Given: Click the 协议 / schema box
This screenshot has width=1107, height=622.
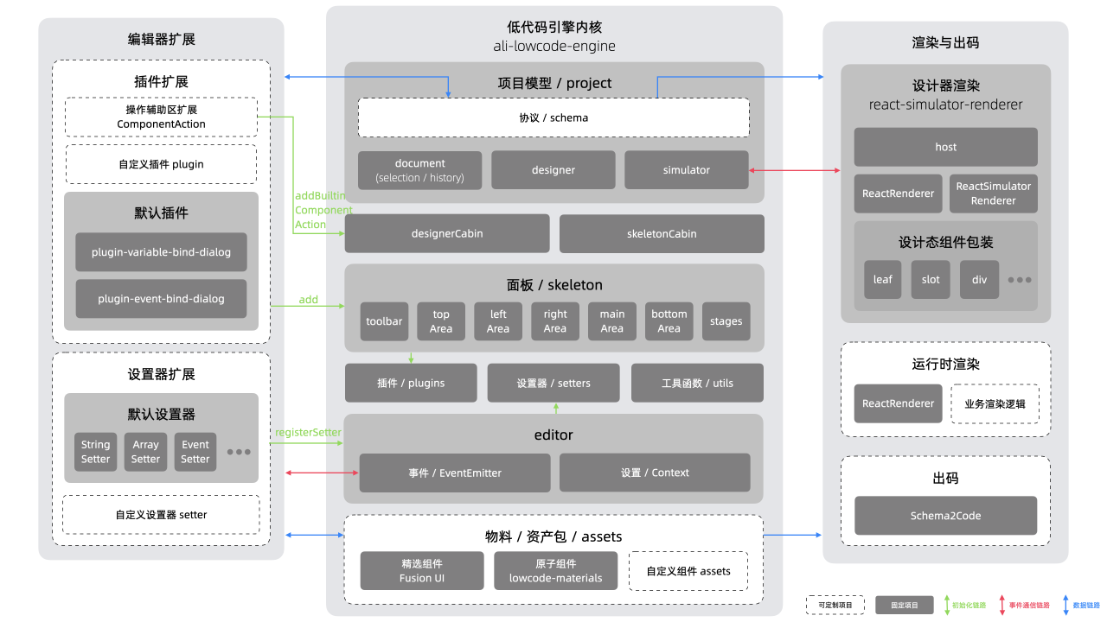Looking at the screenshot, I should click(x=553, y=117).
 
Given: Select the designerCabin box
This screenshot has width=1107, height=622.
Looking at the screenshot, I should click(x=447, y=233).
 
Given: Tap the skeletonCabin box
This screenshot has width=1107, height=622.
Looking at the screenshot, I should click(x=662, y=233).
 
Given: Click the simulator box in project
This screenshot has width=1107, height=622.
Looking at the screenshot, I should click(x=686, y=170).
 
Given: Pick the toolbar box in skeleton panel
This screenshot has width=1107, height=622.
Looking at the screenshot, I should click(x=384, y=321).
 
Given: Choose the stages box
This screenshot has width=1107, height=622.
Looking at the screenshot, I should click(x=726, y=321).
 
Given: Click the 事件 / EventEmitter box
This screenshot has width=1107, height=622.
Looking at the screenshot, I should click(x=455, y=473).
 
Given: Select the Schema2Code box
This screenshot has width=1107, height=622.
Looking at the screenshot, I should click(x=945, y=516).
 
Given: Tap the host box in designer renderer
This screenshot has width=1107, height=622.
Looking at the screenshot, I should click(x=945, y=147).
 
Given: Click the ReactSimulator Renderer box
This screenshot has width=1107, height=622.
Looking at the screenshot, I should click(x=993, y=194).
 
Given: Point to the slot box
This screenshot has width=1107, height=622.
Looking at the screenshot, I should click(x=931, y=280).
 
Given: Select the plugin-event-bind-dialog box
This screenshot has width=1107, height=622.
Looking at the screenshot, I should click(x=161, y=299).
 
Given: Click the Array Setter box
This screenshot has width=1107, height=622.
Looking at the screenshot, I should click(x=145, y=452).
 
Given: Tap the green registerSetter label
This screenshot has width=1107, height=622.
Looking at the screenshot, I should click(x=308, y=432).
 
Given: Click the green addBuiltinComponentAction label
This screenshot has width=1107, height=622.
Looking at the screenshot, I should click(x=323, y=211).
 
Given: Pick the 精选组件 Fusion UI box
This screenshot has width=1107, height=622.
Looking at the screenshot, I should click(x=422, y=571).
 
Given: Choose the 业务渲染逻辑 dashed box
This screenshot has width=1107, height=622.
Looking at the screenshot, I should click(x=995, y=403).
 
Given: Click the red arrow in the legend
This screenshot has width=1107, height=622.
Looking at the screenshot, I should click(x=1001, y=605).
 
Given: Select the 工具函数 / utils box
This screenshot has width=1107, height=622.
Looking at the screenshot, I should click(x=697, y=383).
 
